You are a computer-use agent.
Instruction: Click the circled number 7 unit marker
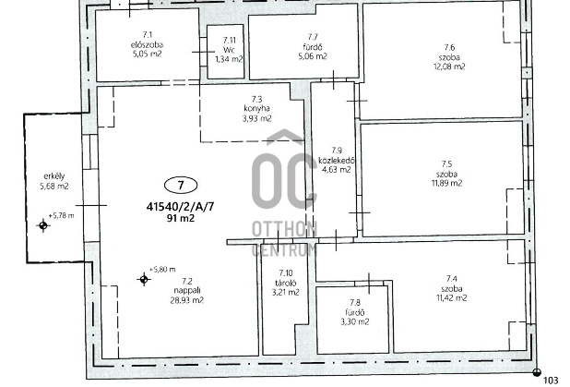(181, 186)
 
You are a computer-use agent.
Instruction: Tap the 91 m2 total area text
(181, 219)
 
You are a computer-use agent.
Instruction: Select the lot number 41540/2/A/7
(180, 207)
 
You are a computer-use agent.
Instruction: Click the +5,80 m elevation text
(162, 270)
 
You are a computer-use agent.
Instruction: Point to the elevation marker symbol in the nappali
(144, 280)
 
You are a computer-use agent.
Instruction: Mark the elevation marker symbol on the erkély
(43, 225)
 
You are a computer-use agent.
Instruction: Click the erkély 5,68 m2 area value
(54, 186)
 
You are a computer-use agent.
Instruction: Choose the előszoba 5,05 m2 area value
(148, 54)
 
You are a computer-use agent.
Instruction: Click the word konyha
(257, 108)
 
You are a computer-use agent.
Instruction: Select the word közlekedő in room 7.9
(337, 160)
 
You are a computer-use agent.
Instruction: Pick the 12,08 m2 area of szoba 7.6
(449, 67)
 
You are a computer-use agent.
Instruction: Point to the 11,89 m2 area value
(447, 183)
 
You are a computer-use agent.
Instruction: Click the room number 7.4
(452, 279)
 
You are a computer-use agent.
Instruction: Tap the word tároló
(286, 283)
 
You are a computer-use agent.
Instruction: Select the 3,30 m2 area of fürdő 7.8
(355, 321)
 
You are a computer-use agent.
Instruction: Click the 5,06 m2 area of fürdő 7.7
(313, 56)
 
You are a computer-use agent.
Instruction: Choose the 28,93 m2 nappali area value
(187, 300)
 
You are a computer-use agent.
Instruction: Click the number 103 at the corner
(552, 381)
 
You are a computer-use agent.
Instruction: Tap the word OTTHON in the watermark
(285, 229)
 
